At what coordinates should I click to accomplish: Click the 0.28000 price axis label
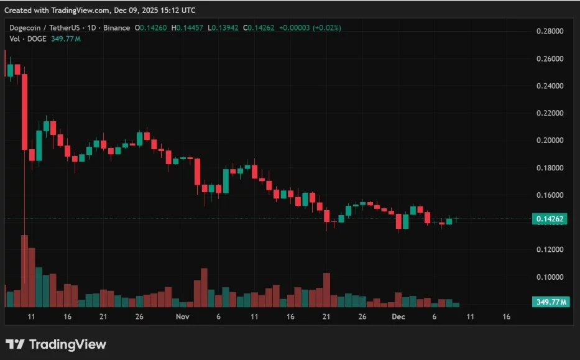coord(550,31)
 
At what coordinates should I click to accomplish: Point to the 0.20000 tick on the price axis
coord(550,141)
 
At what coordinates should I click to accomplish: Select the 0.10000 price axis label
coord(550,277)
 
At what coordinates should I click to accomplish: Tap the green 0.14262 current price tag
coord(550,219)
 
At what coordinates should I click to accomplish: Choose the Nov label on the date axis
coord(182,316)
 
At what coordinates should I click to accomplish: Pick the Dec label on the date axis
coord(398,316)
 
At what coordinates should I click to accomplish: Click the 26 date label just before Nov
coord(139,316)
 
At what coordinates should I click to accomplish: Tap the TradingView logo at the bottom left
coord(56,344)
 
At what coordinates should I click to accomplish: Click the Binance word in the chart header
coord(117,28)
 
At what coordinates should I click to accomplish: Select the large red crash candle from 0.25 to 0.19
coord(25,112)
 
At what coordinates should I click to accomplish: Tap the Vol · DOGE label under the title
coord(28,39)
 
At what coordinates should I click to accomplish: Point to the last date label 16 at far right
coord(505,316)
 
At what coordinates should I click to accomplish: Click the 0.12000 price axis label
coord(550,249)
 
